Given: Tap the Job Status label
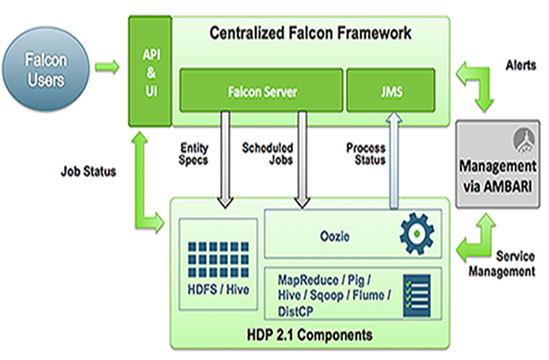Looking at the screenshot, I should tap(87, 170).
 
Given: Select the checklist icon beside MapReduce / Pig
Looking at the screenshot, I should tap(414, 291).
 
